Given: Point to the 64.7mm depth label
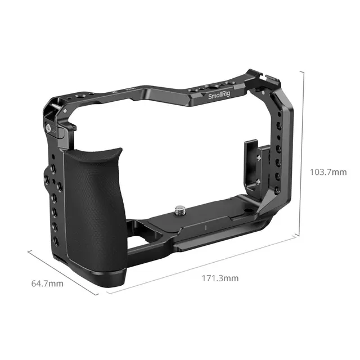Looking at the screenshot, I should pos(48,283).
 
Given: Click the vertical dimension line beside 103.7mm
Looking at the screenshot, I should pos(304,152).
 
